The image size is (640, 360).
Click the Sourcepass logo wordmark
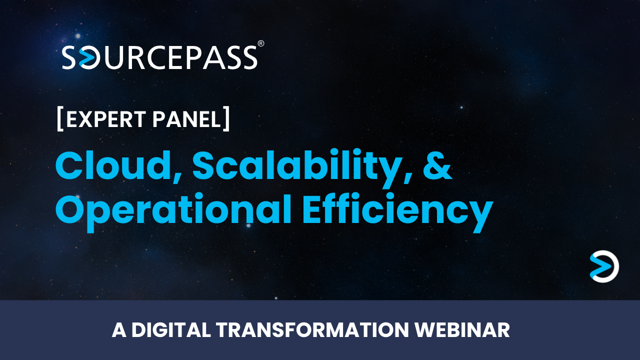[160, 57]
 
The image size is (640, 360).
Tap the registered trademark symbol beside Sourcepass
[260, 44]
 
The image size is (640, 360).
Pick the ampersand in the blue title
[437, 165]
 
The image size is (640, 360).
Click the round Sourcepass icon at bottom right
[604, 266]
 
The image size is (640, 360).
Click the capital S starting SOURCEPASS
[70, 58]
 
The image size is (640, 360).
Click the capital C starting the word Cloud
[69, 165]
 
